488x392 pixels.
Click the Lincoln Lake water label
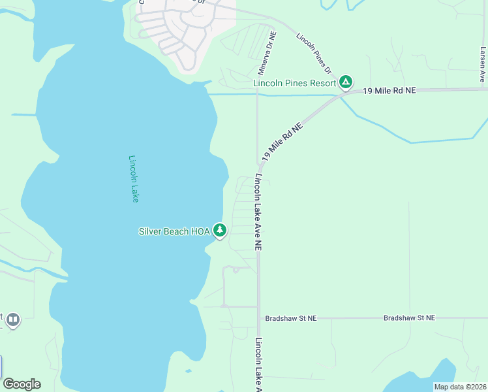(134, 178)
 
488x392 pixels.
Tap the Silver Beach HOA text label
(173, 231)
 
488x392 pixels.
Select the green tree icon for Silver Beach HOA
(220, 230)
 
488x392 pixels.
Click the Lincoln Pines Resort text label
(295, 83)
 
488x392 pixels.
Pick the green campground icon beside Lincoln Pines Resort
(346, 82)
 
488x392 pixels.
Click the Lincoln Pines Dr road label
(314, 54)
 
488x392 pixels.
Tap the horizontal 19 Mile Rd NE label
(389, 91)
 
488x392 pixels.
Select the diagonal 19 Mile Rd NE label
(282, 140)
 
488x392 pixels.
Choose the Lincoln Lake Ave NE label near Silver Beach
(258, 212)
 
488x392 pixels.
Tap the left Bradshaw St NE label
(290, 318)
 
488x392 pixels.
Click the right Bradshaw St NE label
(409, 318)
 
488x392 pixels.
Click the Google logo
(22, 384)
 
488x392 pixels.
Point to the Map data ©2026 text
(460, 387)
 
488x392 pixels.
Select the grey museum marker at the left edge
(13, 319)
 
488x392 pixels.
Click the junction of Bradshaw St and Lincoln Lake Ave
(258, 318)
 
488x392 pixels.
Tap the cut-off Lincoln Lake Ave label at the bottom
(258, 365)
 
